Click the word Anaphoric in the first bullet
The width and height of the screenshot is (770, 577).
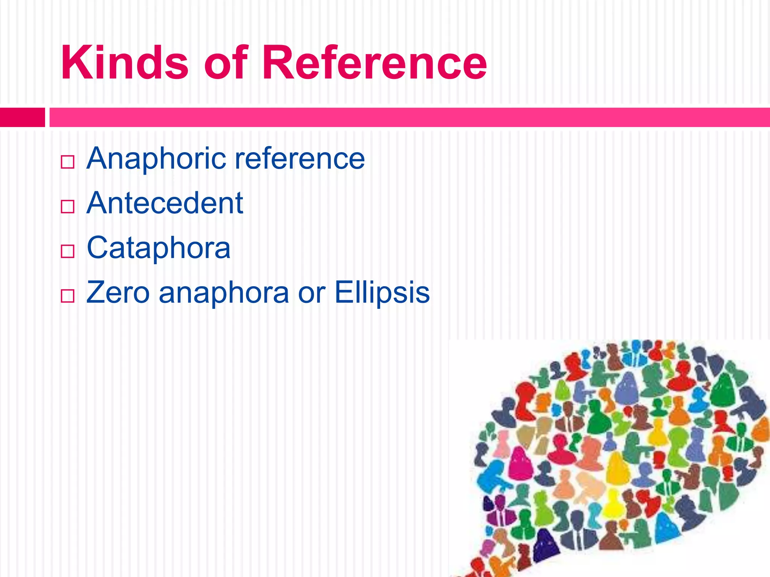click(x=156, y=159)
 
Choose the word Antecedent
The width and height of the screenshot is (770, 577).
click(x=165, y=203)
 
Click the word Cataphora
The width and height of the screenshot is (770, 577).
click(x=158, y=248)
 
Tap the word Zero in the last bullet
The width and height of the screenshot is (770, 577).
click(x=118, y=292)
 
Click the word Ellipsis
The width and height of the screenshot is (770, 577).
click(x=382, y=292)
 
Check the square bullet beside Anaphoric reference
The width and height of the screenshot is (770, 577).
click(x=67, y=162)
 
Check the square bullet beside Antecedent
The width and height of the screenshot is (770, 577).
click(x=67, y=207)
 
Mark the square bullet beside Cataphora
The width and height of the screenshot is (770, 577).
click(x=67, y=251)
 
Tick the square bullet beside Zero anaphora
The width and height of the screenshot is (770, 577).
click(x=67, y=296)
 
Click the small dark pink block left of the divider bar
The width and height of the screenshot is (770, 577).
click(x=22, y=117)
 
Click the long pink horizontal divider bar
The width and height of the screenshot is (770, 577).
click(x=409, y=117)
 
